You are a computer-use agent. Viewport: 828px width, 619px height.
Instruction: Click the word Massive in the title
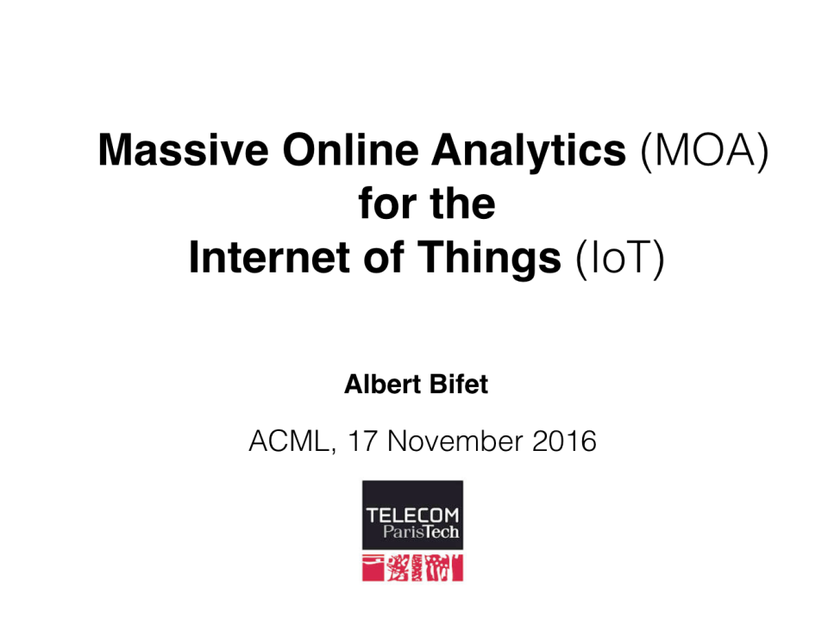(183, 150)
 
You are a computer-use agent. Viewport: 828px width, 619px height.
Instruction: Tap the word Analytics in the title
(529, 153)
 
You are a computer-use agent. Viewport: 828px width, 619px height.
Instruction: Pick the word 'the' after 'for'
(462, 203)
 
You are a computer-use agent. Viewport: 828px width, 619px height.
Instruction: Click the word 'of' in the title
(384, 257)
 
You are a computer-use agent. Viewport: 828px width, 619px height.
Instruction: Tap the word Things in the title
(489, 259)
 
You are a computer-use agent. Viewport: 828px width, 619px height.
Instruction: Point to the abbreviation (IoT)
(620, 259)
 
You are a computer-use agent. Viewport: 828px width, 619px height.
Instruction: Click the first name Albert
(382, 384)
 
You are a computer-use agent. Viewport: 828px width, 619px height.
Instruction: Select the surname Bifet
(459, 384)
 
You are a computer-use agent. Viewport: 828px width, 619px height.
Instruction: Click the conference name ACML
(289, 441)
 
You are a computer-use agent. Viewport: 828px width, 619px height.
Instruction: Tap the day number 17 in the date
(362, 441)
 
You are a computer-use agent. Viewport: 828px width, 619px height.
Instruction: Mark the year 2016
(564, 441)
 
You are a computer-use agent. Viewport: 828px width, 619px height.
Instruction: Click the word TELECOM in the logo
(412, 515)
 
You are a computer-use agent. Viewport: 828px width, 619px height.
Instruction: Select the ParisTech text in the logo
(421, 531)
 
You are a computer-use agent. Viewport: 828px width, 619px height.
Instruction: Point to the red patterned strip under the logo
(412, 568)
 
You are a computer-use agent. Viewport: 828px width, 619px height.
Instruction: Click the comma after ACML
(333, 451)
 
